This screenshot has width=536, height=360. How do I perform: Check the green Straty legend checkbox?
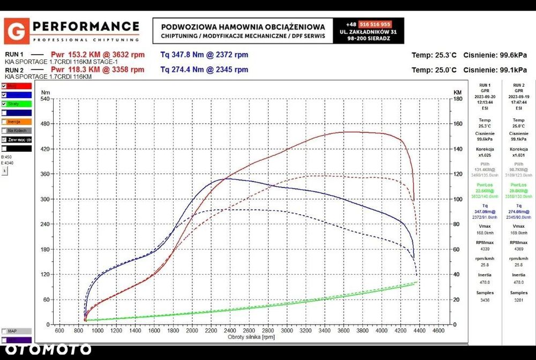point(4,103)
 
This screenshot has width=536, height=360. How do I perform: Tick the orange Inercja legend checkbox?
point(4,122)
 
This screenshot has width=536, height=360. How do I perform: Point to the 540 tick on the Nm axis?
point(45,99)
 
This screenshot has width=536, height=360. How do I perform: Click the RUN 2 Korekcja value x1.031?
point(518,155)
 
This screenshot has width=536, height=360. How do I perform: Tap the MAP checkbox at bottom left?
point(4,331)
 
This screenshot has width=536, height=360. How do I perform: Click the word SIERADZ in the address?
point(376,39)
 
